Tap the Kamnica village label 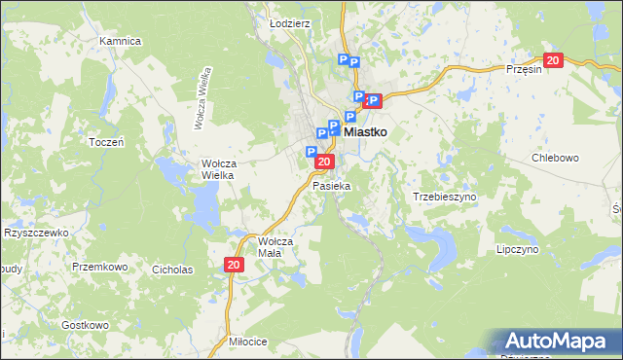point(121,42)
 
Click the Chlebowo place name point(556,158)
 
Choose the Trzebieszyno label point(445,197)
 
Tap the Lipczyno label point(517,249)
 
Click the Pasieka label point(331,185)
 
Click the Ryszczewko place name point(36,234)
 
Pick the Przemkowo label point(100,266)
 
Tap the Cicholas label point(172,270)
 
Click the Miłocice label point(247,342)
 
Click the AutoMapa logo point(558,342)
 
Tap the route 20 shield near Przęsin point(554,60)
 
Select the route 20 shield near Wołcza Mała point(234,265)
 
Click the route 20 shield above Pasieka point(326,162)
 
